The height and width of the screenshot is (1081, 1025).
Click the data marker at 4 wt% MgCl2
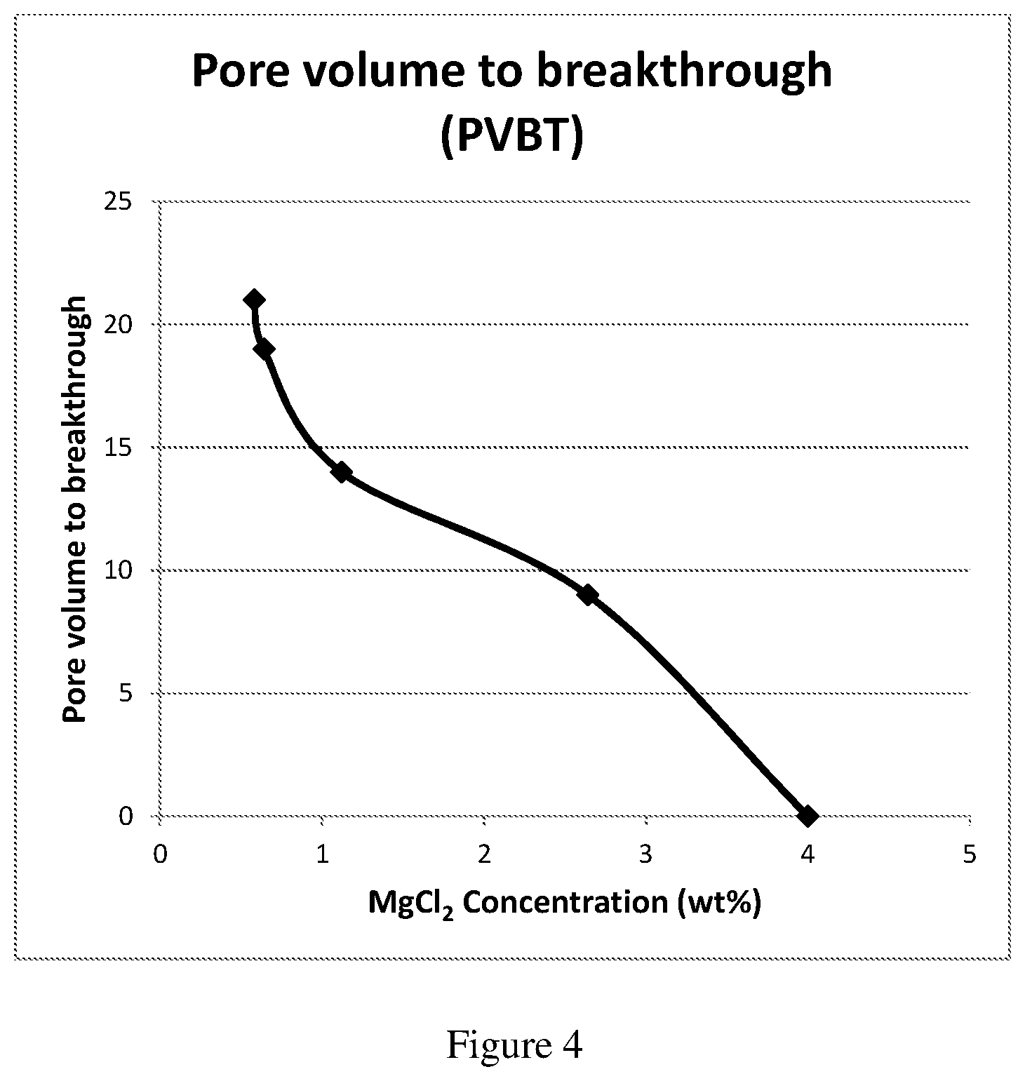point(808,816)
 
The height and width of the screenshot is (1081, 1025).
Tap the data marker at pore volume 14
point(341,471)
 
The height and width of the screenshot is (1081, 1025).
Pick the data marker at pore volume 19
point(264,349)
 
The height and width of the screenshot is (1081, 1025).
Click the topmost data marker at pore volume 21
point(254,300)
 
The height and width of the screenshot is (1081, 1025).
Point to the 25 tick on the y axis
point(119,202)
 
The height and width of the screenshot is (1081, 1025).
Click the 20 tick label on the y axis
point(119,325)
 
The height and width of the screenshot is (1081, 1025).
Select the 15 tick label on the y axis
point(119,448)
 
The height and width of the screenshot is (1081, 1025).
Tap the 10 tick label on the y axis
point(119,570)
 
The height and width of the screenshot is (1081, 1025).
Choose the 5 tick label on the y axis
point(126,693)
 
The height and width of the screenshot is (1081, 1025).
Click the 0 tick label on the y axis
point(126,816)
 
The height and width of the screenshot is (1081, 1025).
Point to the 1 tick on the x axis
point(322,855)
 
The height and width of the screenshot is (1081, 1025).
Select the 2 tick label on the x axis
point(484,855)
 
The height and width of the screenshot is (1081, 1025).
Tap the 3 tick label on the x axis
point(645,855)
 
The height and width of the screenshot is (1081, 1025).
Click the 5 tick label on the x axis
point(970,855)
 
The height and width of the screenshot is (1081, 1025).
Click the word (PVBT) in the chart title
point(512,136)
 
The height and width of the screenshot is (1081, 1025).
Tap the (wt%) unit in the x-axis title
point(719,903)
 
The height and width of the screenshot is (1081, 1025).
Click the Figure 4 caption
point(514,1046)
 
